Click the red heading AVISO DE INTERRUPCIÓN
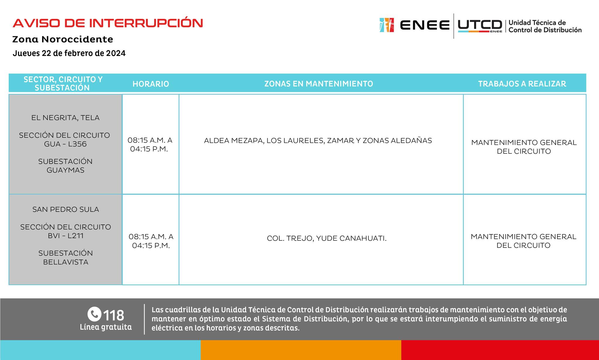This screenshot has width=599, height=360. [x=108, y=23]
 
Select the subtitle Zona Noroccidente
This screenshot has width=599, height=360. [x=63, y=39]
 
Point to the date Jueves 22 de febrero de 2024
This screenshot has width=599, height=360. [x=69, y=53]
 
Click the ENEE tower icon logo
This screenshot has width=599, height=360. [x=386, y=25]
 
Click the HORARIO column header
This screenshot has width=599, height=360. [x=151, y=84]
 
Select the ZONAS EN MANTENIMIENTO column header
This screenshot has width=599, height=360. [x=319, y=84]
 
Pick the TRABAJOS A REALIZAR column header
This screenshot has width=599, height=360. [x=522, y=84]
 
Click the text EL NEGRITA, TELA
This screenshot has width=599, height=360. [x=65, y=118]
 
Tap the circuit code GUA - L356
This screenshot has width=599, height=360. [x=65, y=144]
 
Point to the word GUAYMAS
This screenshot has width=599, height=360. [x=65, y=170]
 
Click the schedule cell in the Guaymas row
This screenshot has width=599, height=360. [x=150, y=145]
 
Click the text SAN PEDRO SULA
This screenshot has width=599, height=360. [x=66, y=210]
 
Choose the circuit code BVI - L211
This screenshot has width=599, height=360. [x=66, y=236]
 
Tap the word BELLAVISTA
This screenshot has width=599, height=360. [x=66, y=262]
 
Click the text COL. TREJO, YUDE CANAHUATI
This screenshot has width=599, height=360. [x=327, y=239]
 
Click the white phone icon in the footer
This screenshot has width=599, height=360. [x=94, y=314]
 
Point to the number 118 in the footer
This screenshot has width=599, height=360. [x=114, y=315]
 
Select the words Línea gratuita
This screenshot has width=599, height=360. [x=106, y=327]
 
